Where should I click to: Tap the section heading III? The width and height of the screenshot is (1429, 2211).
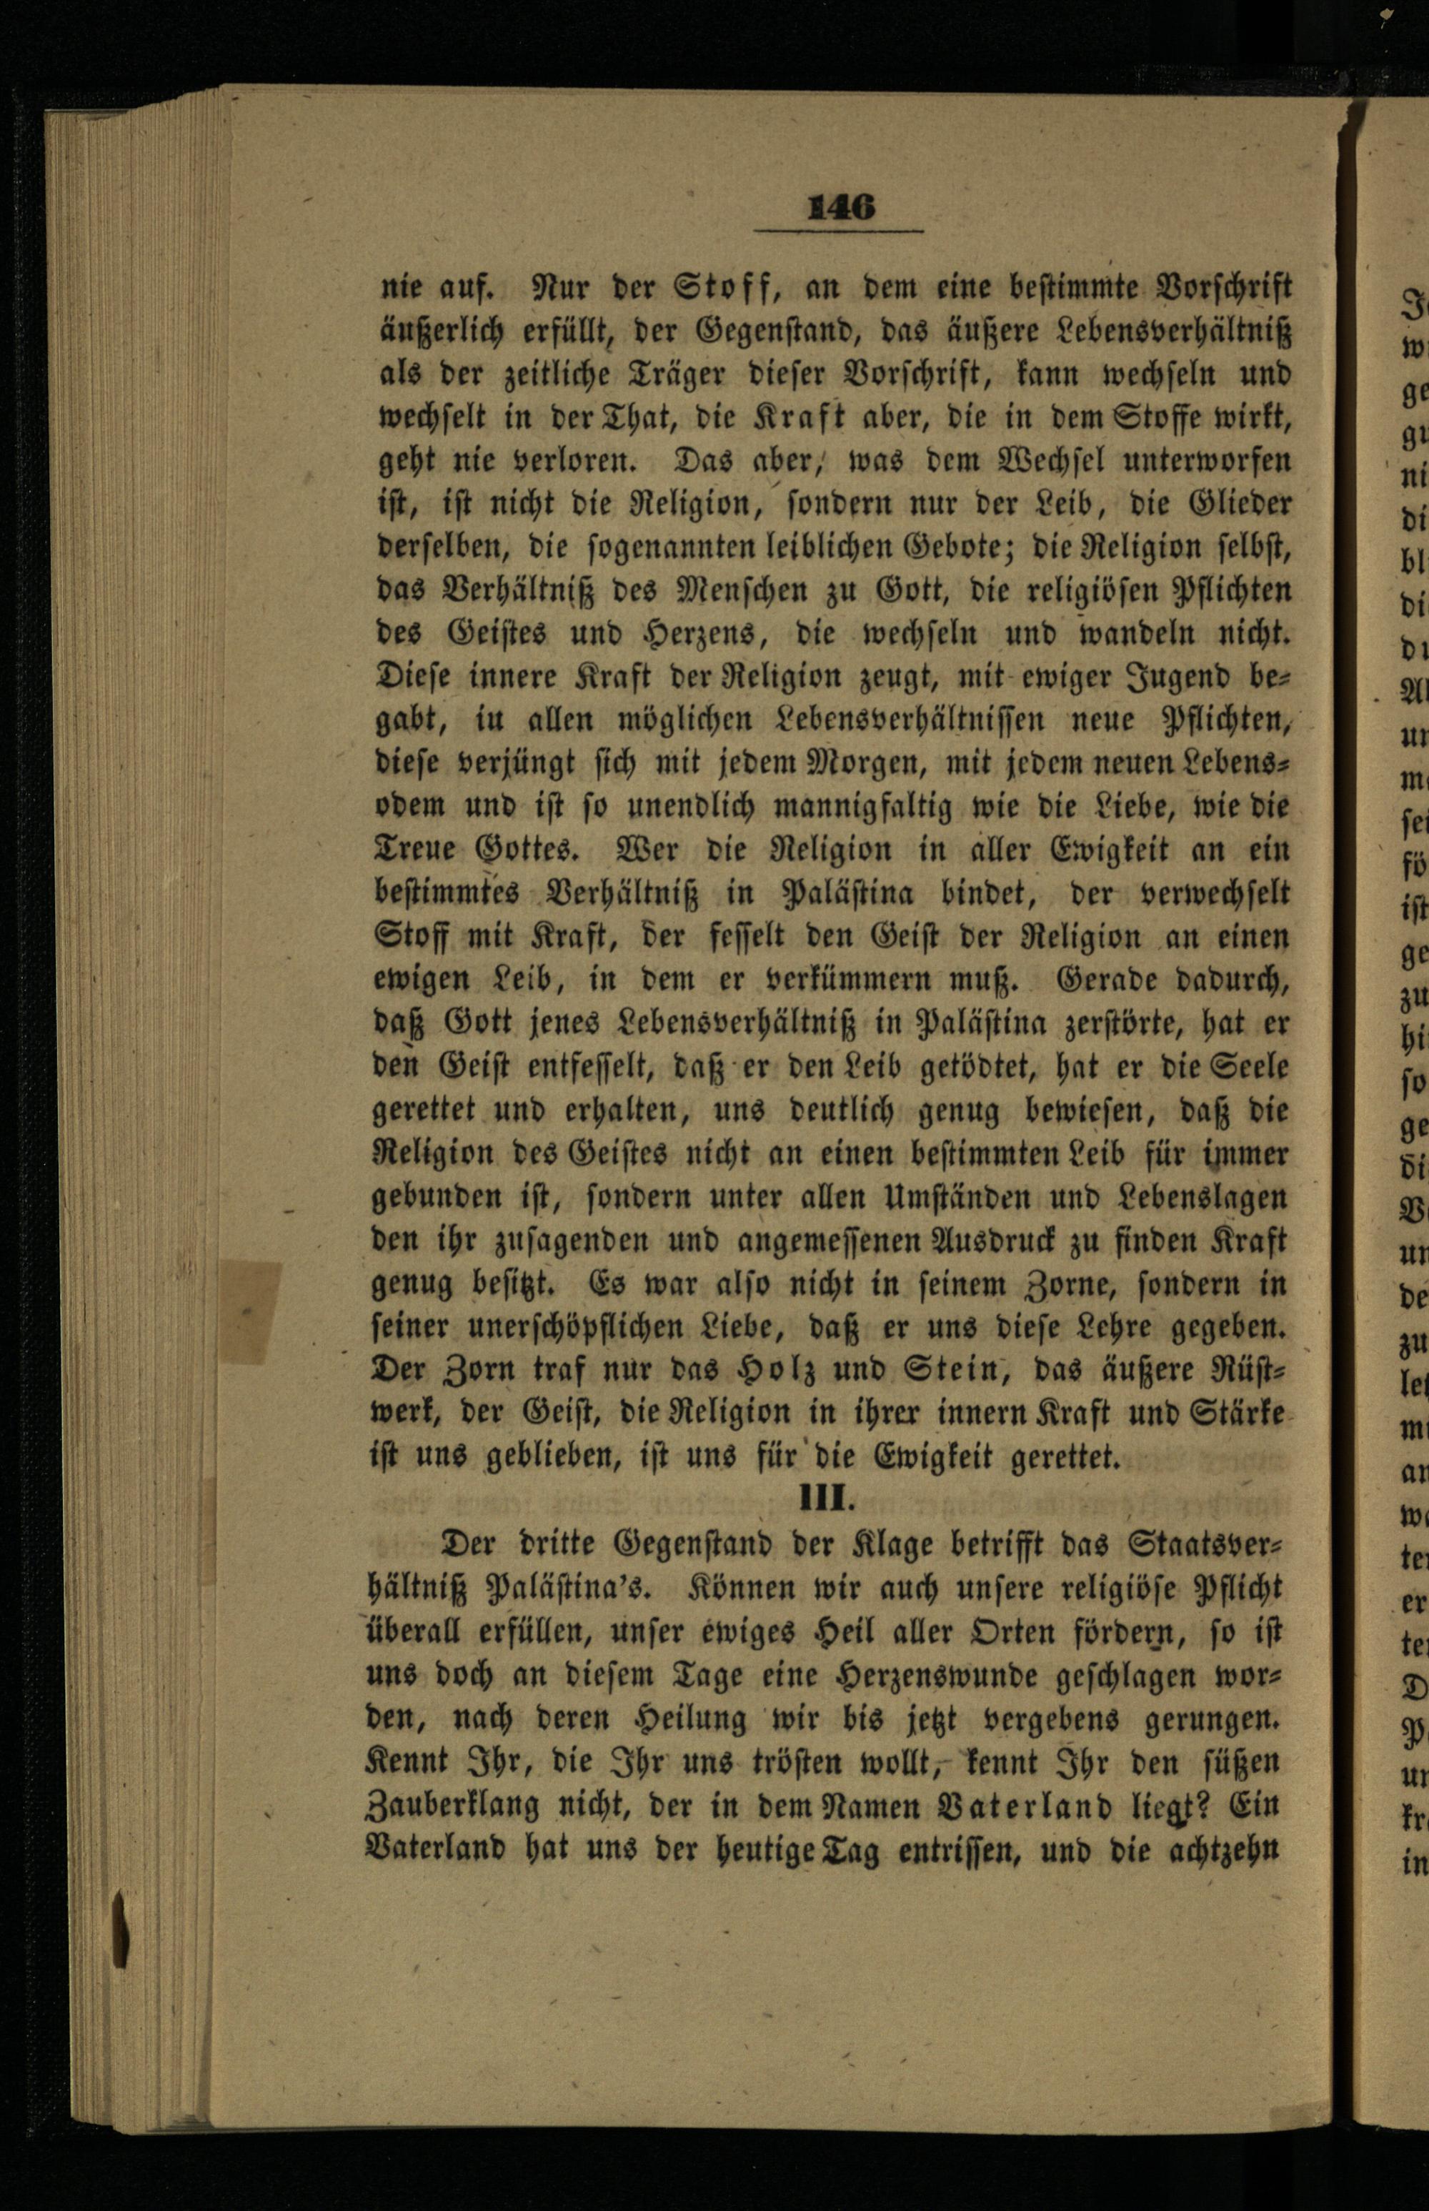pyautogui.click(x=826, y=1499)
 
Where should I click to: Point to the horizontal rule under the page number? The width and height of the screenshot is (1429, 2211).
pyautogui.click(x=838, y=231)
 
